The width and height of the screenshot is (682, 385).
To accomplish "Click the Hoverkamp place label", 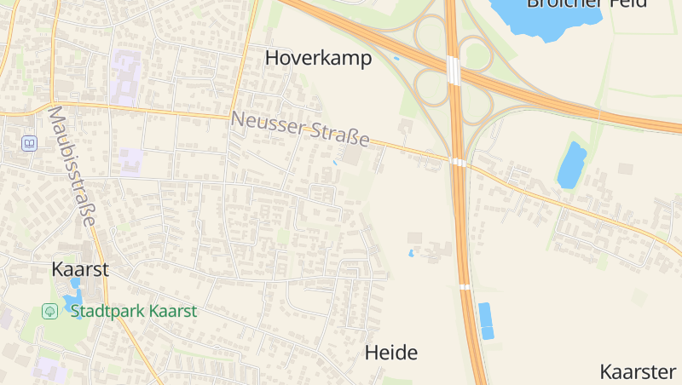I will (x=318, y=58).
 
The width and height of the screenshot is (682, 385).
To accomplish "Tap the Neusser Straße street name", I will (x=300, y=129).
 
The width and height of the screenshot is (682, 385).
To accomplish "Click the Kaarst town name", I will (x=80, y=269).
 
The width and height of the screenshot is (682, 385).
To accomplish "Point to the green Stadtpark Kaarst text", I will (x=134, y=311).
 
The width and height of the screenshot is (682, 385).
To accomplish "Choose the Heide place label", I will (x=391, y=352).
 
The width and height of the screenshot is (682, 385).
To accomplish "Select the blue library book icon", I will (x=30, y=143).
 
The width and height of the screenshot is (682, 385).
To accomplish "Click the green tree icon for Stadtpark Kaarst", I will (x=50, y=311).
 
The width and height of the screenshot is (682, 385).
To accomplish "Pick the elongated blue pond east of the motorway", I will (x=571, y=164).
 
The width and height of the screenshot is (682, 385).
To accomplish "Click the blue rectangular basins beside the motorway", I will (x=486, y=321).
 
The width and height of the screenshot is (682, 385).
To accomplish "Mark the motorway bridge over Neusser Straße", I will (x=459, y=162).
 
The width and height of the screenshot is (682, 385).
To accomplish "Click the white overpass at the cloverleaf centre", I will (x=454, y=71).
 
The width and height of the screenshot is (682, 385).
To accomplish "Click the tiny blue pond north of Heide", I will (x=412, y=253).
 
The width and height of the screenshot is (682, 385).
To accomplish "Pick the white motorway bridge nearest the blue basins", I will (x=465, y=287).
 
